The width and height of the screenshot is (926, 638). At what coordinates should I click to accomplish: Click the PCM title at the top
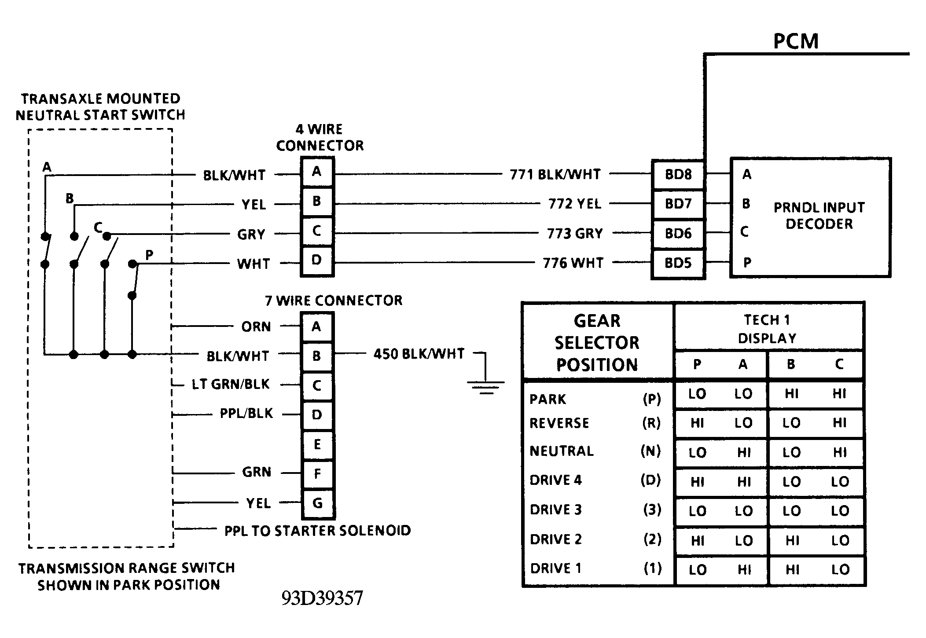(x=796, y=41)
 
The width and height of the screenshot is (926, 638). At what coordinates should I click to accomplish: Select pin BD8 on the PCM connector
(x=678, y=174)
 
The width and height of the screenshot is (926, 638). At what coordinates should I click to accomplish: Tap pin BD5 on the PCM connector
(x=678, y=263)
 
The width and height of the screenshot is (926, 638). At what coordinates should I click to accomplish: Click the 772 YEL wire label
(x=575, y=204)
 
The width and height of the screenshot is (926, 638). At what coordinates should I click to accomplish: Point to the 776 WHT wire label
(x=573, y=263)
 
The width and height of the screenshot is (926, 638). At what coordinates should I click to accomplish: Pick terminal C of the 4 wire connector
(x=317, y=231)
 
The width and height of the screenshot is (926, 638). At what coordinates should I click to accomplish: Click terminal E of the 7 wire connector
(x=317, y=444)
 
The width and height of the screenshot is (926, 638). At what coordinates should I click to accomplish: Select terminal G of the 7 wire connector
(x=317, y=503)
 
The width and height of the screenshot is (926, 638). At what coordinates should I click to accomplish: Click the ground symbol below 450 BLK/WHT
(x=486, y=387)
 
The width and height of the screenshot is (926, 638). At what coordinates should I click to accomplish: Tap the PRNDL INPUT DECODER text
(x=819, y=216)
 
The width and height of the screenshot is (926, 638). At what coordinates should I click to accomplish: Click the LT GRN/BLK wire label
(x=230, y=385)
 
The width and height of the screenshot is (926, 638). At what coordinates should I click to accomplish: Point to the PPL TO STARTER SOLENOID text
(x=317, y=531)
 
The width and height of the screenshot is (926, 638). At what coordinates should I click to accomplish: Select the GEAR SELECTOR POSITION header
(x=597, y=343)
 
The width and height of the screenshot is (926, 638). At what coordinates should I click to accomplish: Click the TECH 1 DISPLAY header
(x=768, y=329)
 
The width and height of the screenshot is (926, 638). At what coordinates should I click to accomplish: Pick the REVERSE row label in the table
(x=559, y=423)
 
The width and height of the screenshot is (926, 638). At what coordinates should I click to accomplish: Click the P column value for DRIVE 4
(x=698, y=482)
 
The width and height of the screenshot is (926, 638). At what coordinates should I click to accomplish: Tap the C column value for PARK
(x=839, y=394)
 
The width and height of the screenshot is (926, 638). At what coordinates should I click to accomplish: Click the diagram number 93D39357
(x=322, y=598)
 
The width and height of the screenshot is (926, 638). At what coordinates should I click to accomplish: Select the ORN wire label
(x=256, y=327)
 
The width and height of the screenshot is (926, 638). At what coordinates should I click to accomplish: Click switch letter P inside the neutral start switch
(x=149, y=255)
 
